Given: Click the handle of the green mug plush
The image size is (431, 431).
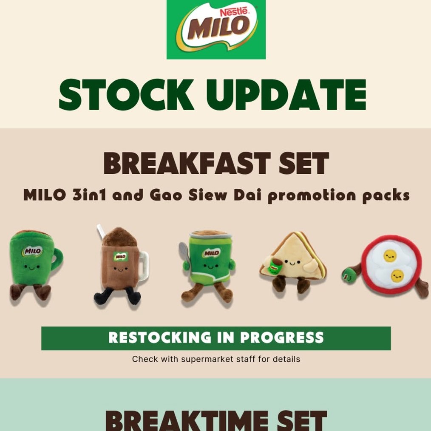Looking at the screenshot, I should (x=57, y=258).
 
